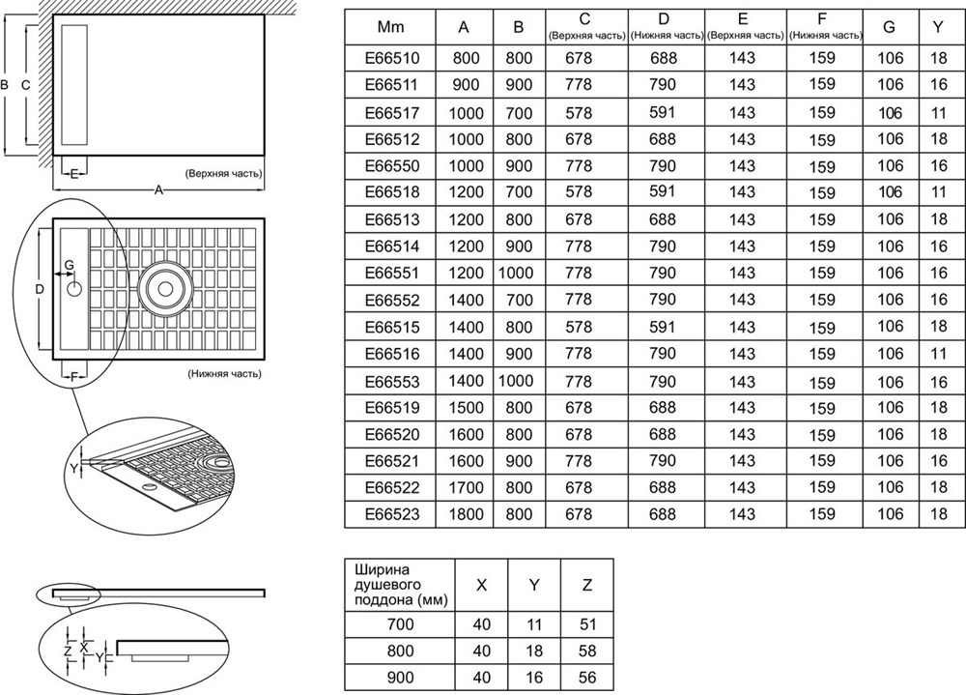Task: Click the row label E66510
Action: (392, 58)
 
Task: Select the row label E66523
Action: (392, 513)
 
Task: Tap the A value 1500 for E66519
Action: (466, 408)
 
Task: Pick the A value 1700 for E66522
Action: (466, 488)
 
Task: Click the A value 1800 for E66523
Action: (466, 513)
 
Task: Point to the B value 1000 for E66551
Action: (516, 273)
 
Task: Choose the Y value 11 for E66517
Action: (938, 113)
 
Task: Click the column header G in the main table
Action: (889, 26)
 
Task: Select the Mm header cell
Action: (390, 26)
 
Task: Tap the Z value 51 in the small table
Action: (587, 624)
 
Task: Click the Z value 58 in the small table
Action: (587, 652)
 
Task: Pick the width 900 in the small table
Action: (401, 678)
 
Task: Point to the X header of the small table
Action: (482, 585)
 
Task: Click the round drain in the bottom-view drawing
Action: (165, 289)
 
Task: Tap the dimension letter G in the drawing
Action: (69, 265)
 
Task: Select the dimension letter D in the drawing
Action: (40, 289)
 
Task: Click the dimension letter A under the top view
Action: (159, 190)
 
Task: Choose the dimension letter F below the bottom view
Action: (73, 377)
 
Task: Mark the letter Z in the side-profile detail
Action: (68, 650)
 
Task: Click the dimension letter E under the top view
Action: (74, 175)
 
